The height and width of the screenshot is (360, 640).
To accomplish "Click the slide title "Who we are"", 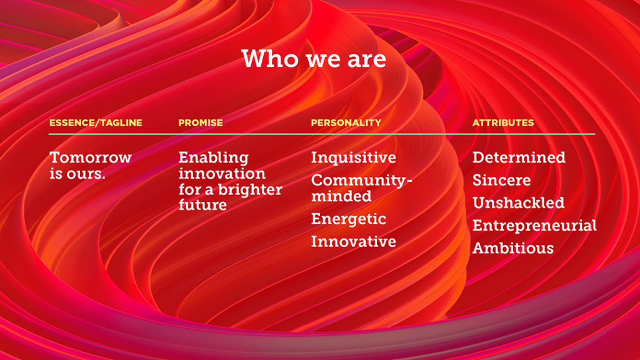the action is (x=314, y=59).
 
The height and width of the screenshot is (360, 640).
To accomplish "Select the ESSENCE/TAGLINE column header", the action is (x=96, y=123).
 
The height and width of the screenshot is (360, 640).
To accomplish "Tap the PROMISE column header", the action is (x=201, y=123).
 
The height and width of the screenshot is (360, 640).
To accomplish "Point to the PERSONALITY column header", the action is (x=346, y=123).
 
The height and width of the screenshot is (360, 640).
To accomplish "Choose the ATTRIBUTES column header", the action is (x=503, y=123).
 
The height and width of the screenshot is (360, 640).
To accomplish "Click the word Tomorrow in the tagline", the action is (x=91, y=157).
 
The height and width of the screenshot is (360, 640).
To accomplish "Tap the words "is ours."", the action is (x=77, y=174).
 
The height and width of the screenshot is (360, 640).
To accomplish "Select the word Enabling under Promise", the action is (x=214, y=158).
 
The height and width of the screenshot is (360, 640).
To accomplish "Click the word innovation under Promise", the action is (x=222, y=174).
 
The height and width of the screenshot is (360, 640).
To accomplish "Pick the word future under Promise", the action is (x=202, y=205).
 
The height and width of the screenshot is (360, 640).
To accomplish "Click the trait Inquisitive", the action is (x=354, y=158).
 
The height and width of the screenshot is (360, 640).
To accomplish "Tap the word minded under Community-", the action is (x=341, y=196).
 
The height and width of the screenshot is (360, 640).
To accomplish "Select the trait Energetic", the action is (x=349, y=219).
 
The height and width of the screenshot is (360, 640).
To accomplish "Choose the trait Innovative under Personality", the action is (x=354, y=242).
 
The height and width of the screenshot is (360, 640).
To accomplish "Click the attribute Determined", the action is (x=519, y=157).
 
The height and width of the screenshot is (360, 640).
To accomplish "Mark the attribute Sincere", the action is (x=502, y=181).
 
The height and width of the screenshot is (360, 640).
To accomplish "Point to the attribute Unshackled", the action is (x=518, y=203).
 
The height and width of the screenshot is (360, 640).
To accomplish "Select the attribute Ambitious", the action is (x=513, y=248).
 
